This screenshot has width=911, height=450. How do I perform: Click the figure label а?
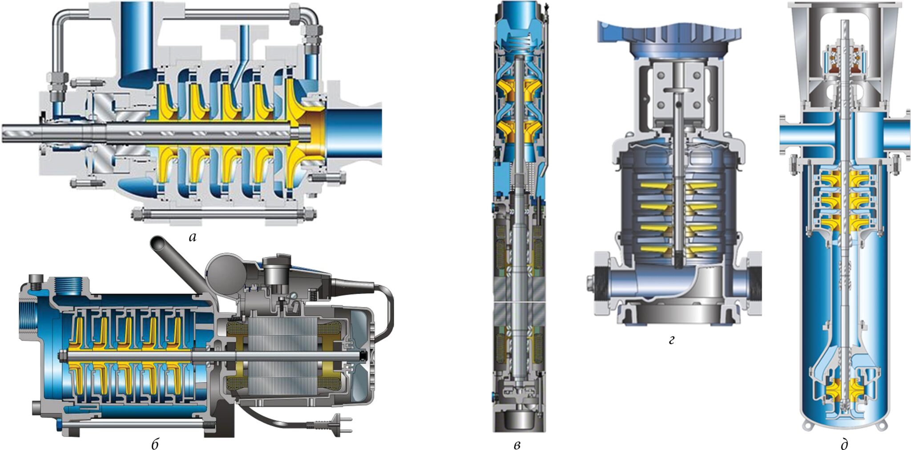(x=193, y=237)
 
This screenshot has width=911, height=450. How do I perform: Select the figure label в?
(x=517, y=444)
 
